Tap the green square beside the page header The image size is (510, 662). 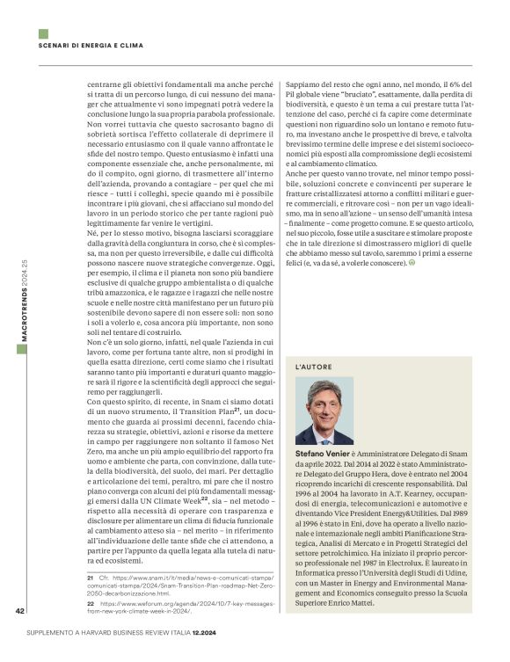pos(43,33)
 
